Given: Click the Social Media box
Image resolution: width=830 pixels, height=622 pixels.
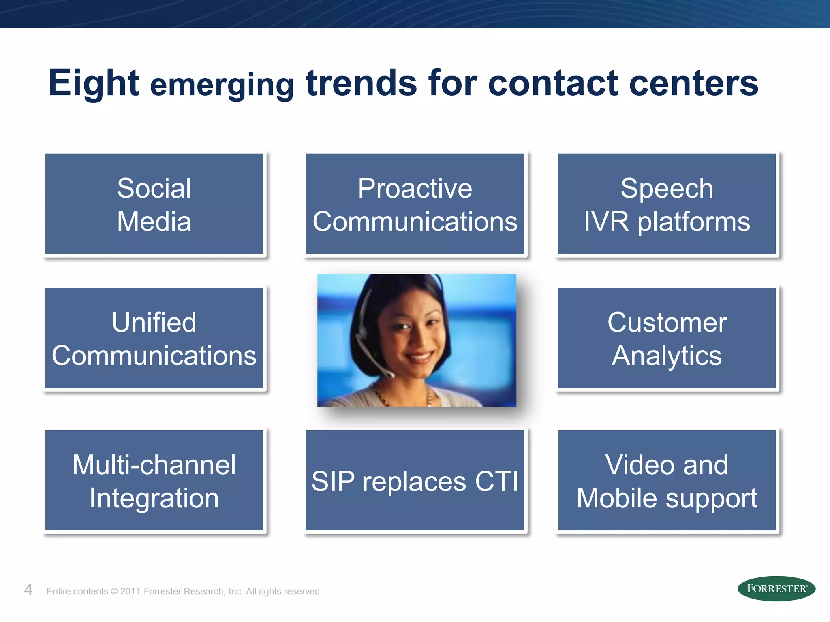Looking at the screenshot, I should point(154,204).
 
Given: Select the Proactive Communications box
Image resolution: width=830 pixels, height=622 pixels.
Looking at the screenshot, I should point(415,204).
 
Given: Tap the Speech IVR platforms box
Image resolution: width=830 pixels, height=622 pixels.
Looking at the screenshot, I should point(667,204).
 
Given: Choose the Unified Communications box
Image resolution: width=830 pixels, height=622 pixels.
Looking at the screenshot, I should point(154,338).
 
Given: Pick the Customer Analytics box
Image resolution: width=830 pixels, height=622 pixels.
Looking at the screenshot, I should point(667,338).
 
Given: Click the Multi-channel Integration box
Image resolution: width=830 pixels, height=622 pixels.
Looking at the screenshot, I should point(154,481).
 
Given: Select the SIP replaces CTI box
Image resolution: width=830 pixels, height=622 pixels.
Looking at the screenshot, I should point(415,481).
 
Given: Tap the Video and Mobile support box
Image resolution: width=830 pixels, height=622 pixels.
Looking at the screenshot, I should point(667,481).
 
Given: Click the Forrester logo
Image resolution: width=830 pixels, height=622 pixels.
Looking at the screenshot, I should point(776,588).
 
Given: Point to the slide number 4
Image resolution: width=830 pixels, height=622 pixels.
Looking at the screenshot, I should point(28,590).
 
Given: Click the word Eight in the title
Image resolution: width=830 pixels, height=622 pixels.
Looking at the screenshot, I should point(94,83).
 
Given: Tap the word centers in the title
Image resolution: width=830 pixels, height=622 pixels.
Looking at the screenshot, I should point(693,83).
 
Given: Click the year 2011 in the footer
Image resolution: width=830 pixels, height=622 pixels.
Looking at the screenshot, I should point(130,591).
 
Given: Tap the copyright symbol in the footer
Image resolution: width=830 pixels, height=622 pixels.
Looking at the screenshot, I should point(114,591).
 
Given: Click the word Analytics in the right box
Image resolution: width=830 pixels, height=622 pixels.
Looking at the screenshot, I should point(667,356).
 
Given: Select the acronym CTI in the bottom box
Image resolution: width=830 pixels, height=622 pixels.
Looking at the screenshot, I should point(496,481).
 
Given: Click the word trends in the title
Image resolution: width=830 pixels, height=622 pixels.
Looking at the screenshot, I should point(361,83).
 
